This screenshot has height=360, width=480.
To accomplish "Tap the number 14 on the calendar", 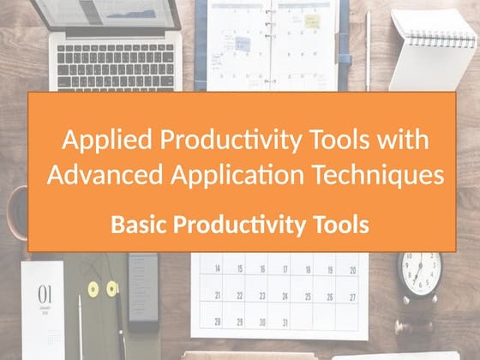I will click(217, 269).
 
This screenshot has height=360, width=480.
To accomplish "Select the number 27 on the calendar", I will click(352, 296).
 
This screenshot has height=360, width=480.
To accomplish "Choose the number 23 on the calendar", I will click(262, 296).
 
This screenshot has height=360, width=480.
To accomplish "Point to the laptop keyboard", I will click(111, 57).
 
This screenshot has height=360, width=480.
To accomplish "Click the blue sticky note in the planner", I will click(243, 43).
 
